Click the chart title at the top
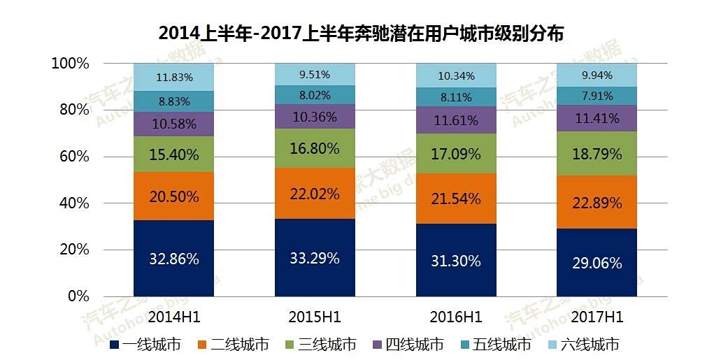click(361, 34)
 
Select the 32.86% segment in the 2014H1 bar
click(174, 259)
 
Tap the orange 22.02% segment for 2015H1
click(315, 194)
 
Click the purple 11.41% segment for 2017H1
click(597, 118)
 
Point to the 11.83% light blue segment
click(174, 77)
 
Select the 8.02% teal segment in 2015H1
click(315, 95)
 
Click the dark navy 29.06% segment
click(597, 262)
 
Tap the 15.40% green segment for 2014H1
click(174, 154)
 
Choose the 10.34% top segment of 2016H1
click(456, 75)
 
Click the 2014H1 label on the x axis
click(174, 317)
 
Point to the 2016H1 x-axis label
click(456, 317)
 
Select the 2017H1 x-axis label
click(597, 317)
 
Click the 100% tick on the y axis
click(70, 64)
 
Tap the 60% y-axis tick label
click(73, 157)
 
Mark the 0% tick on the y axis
click(78, 296)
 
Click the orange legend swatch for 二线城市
click(202, 344)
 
